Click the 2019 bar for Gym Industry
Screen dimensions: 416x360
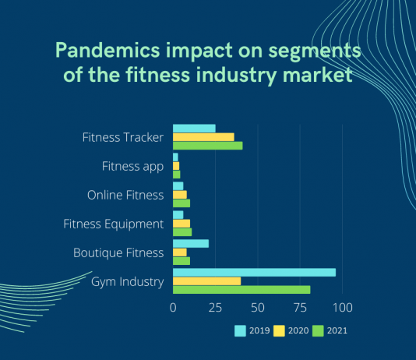coord(254,273)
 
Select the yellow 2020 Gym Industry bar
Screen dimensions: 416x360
coord(207,281)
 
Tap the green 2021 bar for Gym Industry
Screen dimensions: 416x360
coord(241,290)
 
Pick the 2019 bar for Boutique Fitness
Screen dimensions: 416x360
coord(191,244)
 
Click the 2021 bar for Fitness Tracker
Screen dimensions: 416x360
coord(208,146)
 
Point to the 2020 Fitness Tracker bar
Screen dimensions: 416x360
coord(203,137)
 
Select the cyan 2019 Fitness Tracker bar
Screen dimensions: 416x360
coord(194,129)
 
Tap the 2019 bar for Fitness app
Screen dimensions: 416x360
coord(175,157)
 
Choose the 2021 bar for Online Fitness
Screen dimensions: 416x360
coord(182,203)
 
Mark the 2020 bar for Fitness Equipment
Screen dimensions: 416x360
coord(182,224)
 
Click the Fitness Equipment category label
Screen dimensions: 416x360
coord(113,224)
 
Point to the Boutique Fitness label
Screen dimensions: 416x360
coord(118,252)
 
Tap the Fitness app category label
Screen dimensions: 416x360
coord(132,167)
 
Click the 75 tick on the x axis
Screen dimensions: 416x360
coord(300,308)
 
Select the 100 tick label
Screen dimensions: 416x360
coord(343,308)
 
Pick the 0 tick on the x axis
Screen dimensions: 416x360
coord(173,308)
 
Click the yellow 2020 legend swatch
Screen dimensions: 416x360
coord(279,331)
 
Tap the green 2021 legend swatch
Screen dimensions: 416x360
coord(318,331)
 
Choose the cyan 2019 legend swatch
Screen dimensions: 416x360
coord(240,331)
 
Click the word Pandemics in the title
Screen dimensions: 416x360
coord(108,50)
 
